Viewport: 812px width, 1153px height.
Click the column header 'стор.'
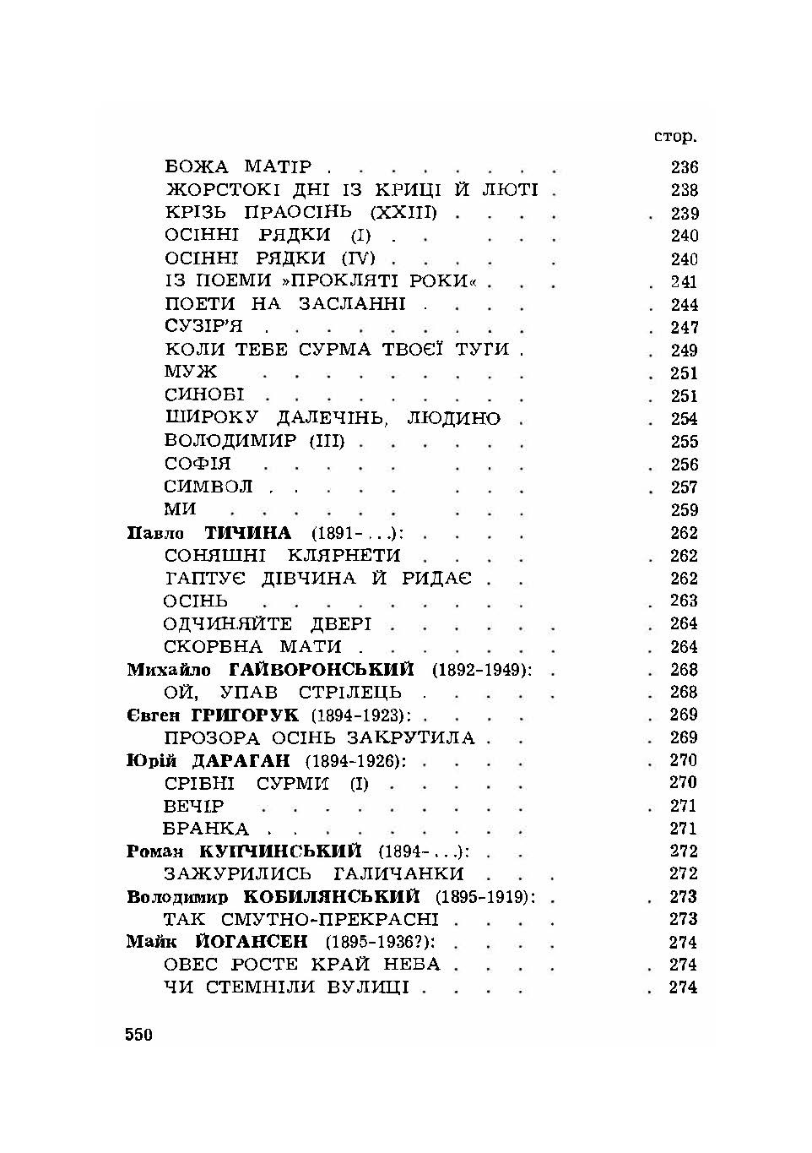click(674, 136)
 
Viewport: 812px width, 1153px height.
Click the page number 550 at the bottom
click(138, 1034)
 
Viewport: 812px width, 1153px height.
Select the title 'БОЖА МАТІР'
click(238, 166)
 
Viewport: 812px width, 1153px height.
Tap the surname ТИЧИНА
click(248, 533)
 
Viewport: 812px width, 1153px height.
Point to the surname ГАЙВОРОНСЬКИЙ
click(322, 670)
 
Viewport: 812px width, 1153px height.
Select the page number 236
click(684, 167)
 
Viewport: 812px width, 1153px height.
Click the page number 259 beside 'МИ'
click(684, 510)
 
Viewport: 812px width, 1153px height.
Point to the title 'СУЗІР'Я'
click(203, 327)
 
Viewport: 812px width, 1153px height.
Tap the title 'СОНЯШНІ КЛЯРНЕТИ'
click(282, 556)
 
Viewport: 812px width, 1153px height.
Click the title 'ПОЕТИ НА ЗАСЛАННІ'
click(284, 304)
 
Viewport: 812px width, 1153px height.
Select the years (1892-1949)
click(482, 670)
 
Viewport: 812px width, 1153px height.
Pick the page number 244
click(684, 305)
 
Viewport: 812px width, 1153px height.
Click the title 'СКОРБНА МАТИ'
click(252, 647)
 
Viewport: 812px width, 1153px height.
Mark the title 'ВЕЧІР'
click(194, 806)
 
